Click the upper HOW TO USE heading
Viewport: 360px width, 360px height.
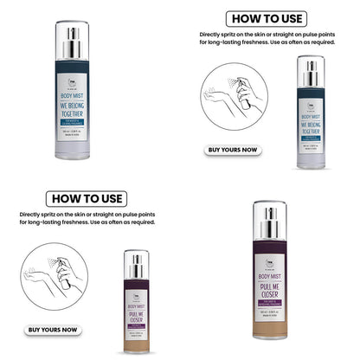[266, 19]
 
